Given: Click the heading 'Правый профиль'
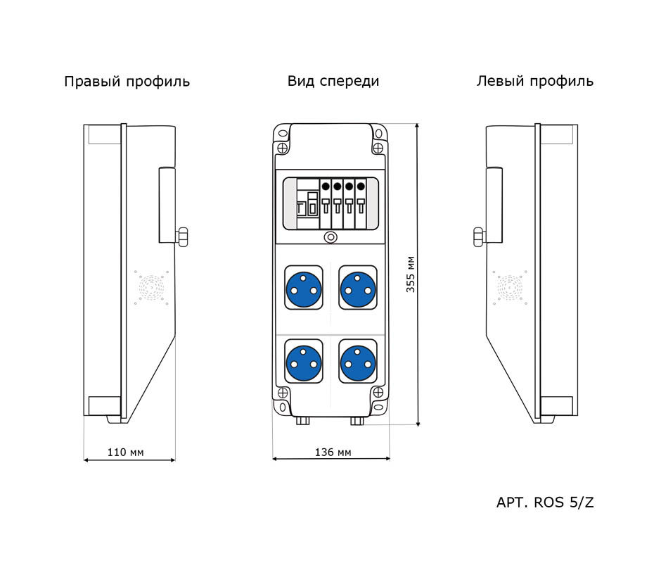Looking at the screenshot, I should (127, 82).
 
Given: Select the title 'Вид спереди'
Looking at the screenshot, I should (333, 81).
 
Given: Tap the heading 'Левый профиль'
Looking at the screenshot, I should (534, 81).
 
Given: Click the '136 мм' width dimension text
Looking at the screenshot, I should (333, 452).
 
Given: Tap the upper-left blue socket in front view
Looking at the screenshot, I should (303, 287).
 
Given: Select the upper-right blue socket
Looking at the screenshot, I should (358, 287).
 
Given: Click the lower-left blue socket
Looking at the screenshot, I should (303, 362).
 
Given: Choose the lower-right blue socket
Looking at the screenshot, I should (358, 362).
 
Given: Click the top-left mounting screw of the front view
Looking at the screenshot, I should (283, 148).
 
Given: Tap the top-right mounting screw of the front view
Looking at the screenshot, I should (378, 148).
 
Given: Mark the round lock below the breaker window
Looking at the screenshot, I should (330, 238).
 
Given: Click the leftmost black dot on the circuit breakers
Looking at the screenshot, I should (326, 186).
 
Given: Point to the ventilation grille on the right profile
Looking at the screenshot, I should (151, 289).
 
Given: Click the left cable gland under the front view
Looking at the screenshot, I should (303, 420).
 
